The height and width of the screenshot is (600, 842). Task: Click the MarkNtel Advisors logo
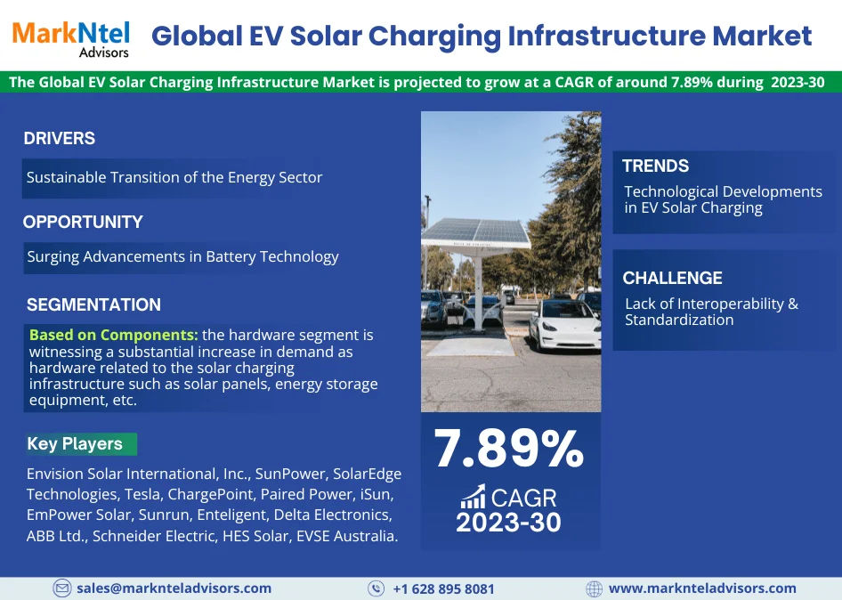pos(71,39)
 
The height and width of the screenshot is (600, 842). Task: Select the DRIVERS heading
pos(59,138)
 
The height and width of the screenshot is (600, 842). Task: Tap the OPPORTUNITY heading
pos(83,222)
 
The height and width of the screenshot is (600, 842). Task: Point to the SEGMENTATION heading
pos(93,304)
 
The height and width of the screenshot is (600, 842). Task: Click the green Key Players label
pos(80,443)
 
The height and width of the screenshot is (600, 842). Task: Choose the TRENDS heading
pos(655,166)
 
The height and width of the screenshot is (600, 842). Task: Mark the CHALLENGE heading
pos(672,278)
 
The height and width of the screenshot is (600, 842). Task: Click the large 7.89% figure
pos(508,448)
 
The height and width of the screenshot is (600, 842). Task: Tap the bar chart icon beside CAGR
pos(473,497)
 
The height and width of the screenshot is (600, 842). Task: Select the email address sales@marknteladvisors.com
pos(174,588)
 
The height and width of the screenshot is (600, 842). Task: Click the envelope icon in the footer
pos(61,588)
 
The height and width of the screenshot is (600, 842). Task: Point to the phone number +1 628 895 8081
pos(443,588)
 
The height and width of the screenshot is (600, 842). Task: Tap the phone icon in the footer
pos(376,588)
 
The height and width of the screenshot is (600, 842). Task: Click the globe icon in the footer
pos(594,588)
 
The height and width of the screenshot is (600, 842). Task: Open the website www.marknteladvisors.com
pos(702,588)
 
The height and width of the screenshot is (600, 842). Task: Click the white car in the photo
pos(564,326)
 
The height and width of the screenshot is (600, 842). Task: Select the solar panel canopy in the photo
pos(475,232)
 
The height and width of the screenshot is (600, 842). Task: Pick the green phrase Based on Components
pos(114,335)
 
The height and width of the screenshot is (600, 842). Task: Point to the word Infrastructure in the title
pos(606,36)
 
